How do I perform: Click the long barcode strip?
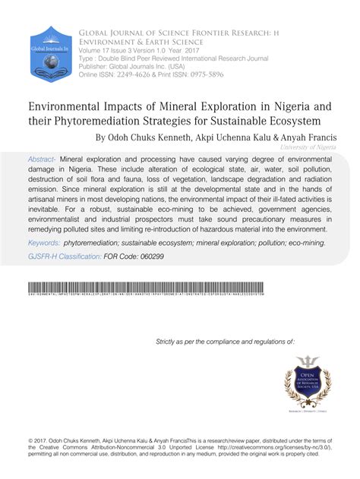pyautogui.click(x=180, y=290)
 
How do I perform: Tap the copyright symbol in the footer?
pyautogui.click(x=28, y=438)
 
